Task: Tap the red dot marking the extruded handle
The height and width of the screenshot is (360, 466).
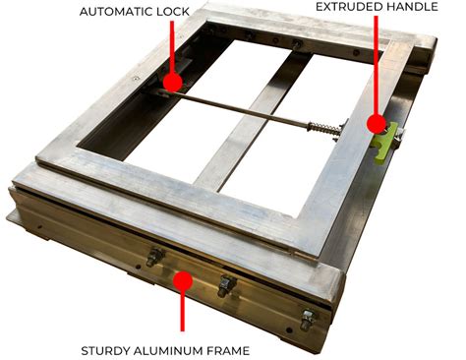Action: (375, 123)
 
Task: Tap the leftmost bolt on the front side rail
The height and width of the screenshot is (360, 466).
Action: (153, 259)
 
